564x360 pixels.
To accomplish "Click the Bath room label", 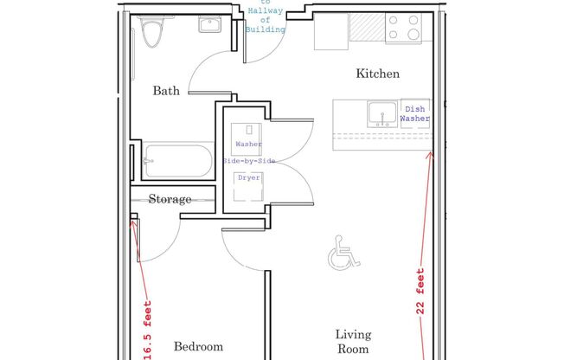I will (166, 90).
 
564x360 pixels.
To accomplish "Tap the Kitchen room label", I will (378, 74).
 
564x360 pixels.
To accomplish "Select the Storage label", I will (170, 199).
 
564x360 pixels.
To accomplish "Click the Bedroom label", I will (198, 346).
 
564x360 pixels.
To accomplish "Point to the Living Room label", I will (353, 341).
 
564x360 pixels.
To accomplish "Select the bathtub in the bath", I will (177, 161).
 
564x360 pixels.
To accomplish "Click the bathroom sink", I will (209, 25).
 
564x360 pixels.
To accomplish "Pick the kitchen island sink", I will (380, 113).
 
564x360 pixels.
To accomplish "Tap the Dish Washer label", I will (414, 113).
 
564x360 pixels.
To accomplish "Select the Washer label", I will (248, 145).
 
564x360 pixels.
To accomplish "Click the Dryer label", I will (249, 177).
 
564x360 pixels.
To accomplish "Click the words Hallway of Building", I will (264, 17).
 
